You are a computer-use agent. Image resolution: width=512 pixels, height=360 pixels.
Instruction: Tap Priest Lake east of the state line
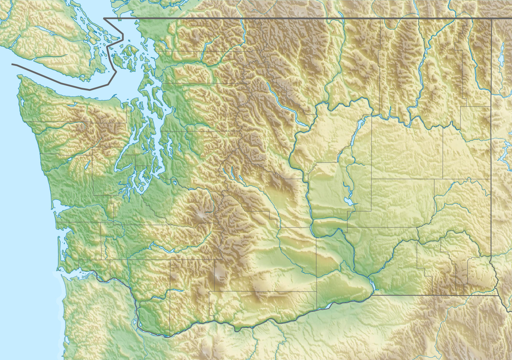pyautogui.click(x=502, y=54)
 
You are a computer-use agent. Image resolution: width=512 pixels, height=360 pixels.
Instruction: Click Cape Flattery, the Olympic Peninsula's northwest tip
pyautogui.click(x=18, y=77)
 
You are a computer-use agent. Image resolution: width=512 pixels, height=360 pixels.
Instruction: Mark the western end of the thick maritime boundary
pyautogui.click(x=12, y=64)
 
